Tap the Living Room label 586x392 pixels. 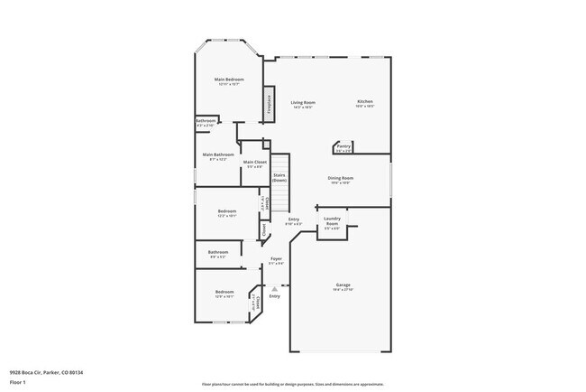[302, 103]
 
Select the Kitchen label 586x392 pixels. [364, 101]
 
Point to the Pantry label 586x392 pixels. [343, 145]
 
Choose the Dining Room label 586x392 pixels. [340, 178]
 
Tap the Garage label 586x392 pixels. [343, 285]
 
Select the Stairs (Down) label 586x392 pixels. [279, 177]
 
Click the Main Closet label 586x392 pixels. [254, 162]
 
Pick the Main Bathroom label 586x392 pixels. [218, 154]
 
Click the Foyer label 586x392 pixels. [277, 259]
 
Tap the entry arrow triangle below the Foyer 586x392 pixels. [274, 289]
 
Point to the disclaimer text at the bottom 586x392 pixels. [292, 383]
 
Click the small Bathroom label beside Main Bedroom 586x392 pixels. [206, 121]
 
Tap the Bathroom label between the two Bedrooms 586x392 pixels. [217, 252]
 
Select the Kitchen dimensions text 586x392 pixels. [364, 107]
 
